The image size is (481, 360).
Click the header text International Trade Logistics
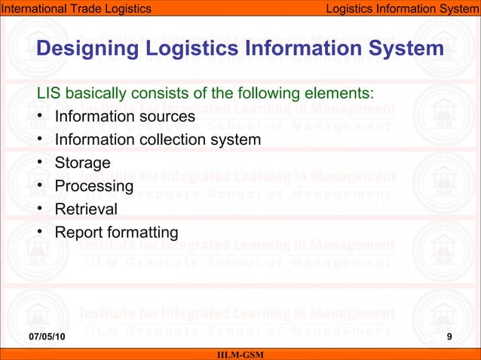[75, 8]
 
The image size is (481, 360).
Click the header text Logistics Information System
[402, 8]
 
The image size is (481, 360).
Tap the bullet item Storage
[83, 163]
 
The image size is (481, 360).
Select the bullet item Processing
[94, 185]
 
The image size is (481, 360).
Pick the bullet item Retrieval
[86, 209]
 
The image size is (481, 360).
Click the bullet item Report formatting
[116, 232]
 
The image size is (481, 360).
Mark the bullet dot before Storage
[39, 163]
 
